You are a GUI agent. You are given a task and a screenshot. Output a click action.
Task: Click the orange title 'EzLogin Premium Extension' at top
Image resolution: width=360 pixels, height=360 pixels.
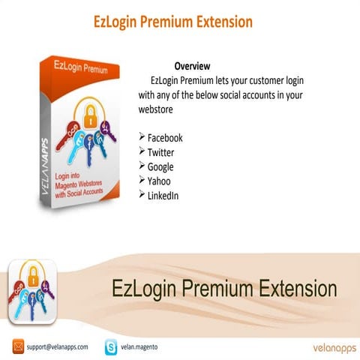(172, 22)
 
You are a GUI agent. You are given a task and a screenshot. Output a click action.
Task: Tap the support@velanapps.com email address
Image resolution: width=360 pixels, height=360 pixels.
(57, 347)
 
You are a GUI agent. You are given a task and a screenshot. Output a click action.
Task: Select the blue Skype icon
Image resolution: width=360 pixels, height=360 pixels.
(112, 347)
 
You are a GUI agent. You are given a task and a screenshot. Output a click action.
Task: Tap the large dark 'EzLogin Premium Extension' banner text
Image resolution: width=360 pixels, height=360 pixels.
(224, 288)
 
